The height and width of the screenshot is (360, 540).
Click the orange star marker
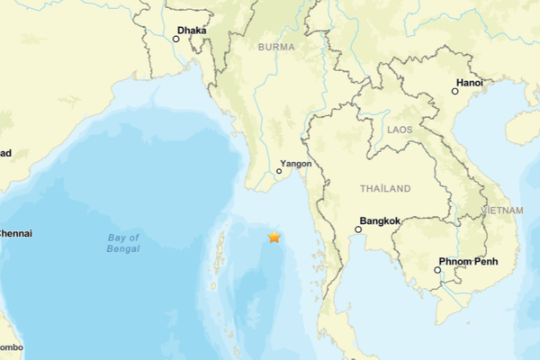[x=274, y=237]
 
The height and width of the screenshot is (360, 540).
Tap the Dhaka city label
[x=192, y=31]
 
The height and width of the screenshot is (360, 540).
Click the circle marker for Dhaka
[x=176, y=39]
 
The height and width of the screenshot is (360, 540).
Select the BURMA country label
[x=275, y=46]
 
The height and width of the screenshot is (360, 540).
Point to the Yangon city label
[x=296, y=164]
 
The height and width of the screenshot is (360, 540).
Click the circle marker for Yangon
[x=279, y=171]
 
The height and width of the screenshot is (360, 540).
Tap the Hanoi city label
[x=470, y=83]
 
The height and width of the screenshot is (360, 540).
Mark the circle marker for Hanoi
[x=454, y=90]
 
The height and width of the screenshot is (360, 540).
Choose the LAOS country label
[x=399, y=130]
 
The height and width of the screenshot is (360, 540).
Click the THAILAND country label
[x=385, y=189]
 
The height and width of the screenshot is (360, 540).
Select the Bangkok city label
[x=380, y=220]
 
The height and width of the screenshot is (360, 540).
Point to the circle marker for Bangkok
[x=358, y=229]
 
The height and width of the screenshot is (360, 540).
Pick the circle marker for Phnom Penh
[x=438, y=269]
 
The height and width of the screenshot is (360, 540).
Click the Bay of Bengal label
[x=123, y=243]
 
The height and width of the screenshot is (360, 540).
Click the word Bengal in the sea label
[x=123, y=248]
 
